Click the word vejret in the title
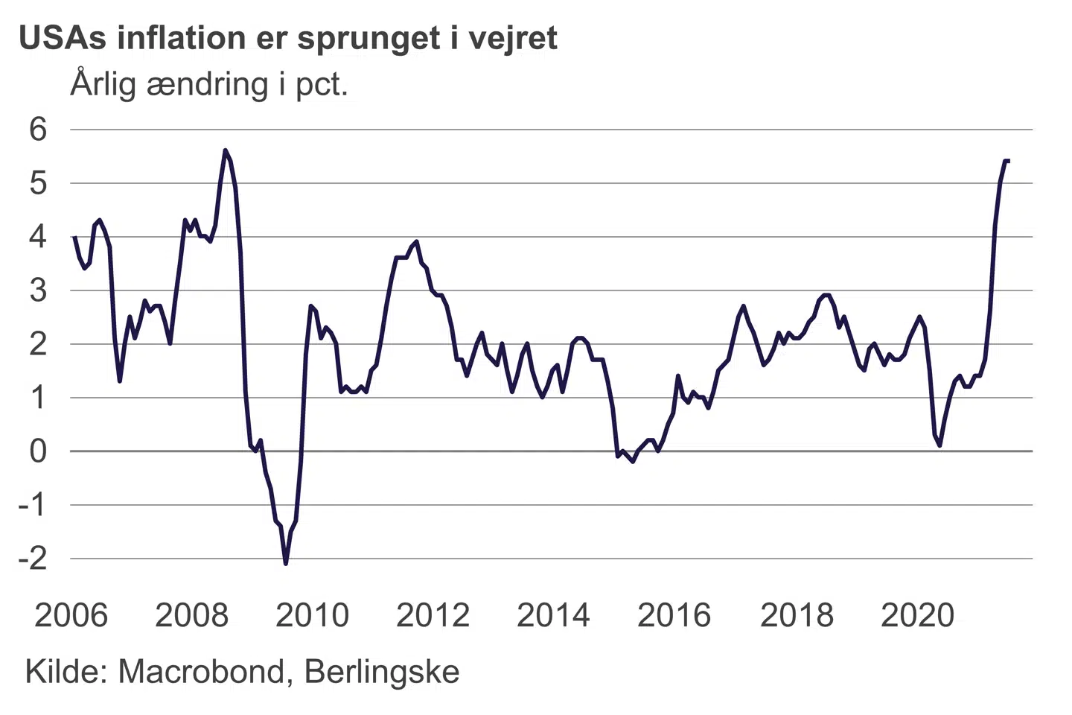[x=513, y=38]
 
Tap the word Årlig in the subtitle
[x=103, y=83]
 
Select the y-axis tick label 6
[x=37, y=130]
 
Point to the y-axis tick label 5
[x=37, y=183]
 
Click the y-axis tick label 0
[x=37, y=451]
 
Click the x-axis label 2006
[x=71, y=615]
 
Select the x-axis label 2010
[x=312, y=615]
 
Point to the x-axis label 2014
[x=553, y=615]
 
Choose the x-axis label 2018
[x=797, y=615]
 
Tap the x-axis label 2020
[x=917, y=615]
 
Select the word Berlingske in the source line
[x=382, y=672]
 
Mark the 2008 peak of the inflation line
[x=226, y=150]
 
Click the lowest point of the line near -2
[x=286, y=563]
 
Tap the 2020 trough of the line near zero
[x=939, y=445]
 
